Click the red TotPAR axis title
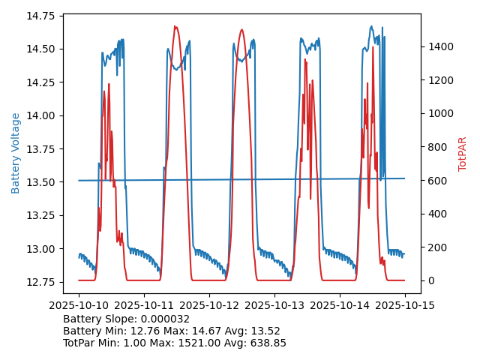pos(463,154)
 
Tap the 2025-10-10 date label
pos(79,306)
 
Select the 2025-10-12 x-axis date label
pos(209,306)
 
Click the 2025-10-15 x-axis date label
pos(405,306)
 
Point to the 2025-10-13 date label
pos(274,306)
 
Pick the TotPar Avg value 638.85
pos(267,343)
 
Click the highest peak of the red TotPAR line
pos(175,27)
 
